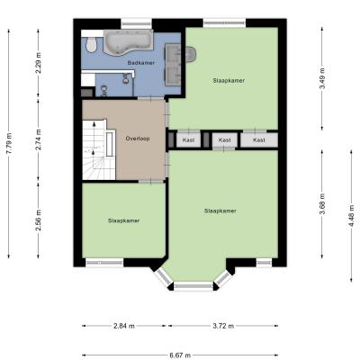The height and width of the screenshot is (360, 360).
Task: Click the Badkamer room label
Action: coord(141,63)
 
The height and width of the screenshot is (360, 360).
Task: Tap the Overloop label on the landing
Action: coord(138,139)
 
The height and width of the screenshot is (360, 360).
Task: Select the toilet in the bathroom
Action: coord(91,44)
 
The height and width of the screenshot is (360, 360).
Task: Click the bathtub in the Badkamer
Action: coord(129,42)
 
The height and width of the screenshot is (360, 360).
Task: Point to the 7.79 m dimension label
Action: coord(9,143)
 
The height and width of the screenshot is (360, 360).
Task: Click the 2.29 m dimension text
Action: coord(39,63)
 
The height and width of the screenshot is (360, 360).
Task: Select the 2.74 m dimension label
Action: coord(39,139)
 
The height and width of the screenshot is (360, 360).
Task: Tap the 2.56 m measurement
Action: coord(39,220)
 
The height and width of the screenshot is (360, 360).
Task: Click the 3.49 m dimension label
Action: coord(322,78)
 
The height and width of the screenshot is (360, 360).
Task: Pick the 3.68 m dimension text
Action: coord(322,204)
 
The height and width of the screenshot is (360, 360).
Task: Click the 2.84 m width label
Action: coord(124,326)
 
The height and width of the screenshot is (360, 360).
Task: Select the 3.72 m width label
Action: coord(223,326)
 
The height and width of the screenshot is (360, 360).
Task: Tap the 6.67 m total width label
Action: coord(180,355)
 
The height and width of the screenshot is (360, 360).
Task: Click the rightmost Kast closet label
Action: coord(259,140)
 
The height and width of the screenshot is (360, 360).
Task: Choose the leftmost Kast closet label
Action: coord(188,140)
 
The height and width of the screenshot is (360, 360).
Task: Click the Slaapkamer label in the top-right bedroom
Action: coord(229,80)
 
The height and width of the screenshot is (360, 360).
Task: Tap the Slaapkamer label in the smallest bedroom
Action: coord(123,220)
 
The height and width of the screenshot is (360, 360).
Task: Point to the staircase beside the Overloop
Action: coord(94,149)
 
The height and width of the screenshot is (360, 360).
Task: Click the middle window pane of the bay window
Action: coord(193,286)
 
